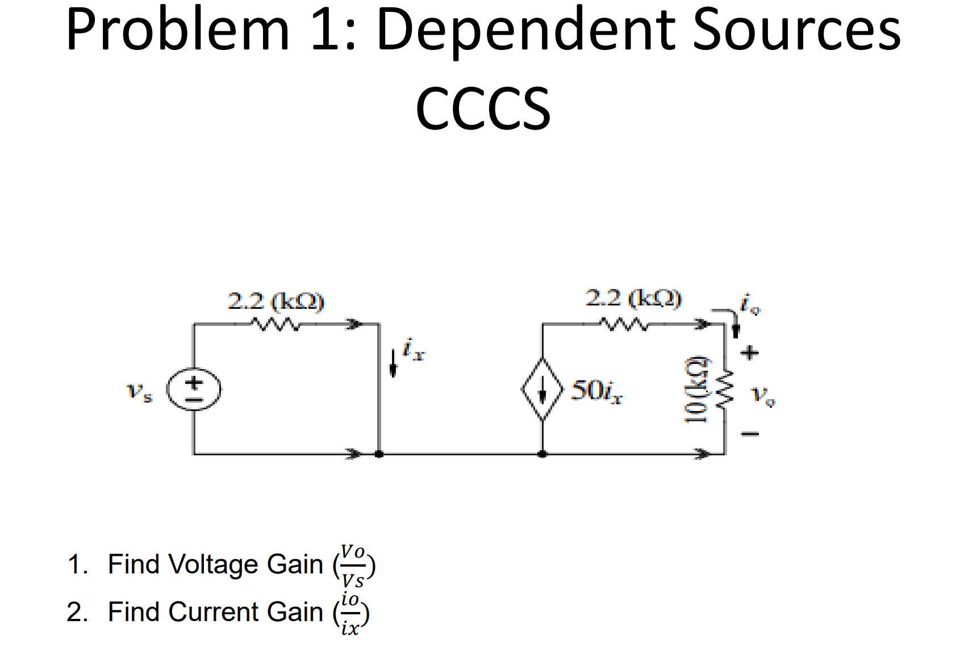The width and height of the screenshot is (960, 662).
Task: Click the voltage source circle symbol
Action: [194, 390]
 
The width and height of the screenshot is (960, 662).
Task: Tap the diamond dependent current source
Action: [542, 389]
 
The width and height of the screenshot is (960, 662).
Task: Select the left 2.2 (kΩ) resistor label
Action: [276, 301]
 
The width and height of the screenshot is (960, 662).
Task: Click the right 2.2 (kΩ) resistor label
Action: [633, 298]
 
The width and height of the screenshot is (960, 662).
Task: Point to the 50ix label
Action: [596, 391]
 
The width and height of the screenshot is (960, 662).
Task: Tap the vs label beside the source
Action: [139, 392]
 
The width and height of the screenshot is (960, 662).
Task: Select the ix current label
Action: [414, 349]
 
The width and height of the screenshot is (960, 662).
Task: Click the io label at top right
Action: [750, 304]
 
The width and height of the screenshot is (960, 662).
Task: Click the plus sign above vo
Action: [750, 353]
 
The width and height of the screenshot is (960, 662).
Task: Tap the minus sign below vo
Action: [750, 434]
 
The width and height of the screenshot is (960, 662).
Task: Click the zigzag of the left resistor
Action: [275, 325]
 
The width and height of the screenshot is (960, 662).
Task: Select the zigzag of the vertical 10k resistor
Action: [724, 389]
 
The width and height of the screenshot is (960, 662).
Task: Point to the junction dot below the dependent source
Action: [542, 454]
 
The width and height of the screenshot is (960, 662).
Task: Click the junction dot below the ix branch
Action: [379, 454]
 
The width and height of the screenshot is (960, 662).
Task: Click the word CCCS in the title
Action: [483, 108]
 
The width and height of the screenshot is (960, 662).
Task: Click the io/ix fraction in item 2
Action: [350, 614]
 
